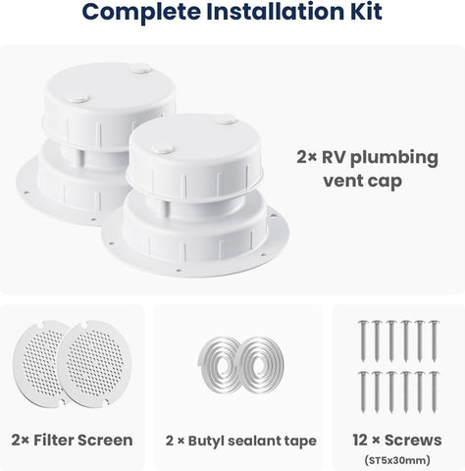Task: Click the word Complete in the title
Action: [141, 13]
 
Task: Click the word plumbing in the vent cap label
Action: [394, 158]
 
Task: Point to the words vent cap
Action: [363, 182]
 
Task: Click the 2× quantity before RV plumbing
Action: [306, 157]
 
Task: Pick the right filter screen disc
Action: [94, 364]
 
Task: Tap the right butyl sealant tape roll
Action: [262, 364]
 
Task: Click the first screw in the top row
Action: [363, 341]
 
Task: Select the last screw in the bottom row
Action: [434, 392]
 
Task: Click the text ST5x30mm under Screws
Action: [397, 460]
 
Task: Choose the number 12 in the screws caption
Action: [361, 440]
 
